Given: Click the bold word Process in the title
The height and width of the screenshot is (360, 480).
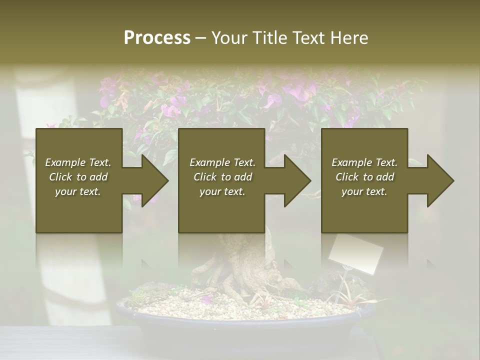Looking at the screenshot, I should (157, 38).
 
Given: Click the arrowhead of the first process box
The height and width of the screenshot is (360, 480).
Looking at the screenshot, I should (152, 180).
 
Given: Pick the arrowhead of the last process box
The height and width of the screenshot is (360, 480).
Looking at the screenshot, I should (438, 180).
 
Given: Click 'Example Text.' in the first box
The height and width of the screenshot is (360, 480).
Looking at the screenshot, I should (78, 162).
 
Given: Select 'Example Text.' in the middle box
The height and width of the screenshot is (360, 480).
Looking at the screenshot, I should (222, 162).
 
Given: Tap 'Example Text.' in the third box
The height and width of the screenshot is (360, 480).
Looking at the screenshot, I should (364, 162).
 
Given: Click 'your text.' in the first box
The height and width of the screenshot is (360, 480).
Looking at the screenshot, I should (78, 191).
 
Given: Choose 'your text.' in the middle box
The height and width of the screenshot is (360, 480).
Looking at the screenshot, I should (222, 191).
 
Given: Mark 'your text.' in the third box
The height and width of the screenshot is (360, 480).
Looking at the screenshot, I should (364, 191).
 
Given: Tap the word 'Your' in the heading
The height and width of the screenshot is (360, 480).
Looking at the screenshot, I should (230, 38).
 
